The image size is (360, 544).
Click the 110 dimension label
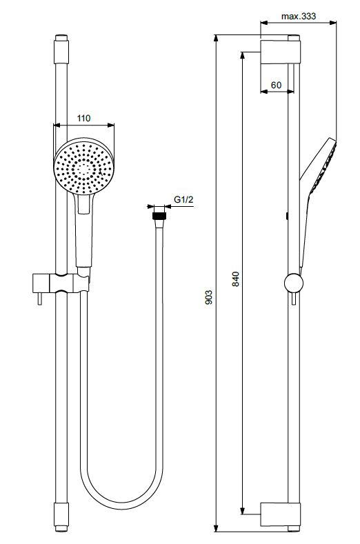coord(83,119)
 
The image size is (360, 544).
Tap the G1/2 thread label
coord(183,199)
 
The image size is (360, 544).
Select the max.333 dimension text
coord(299,17)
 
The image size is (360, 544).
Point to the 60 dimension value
coord(277,85)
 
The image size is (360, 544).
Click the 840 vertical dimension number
coord(236,279)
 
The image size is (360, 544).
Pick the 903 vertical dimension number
coord(209,297)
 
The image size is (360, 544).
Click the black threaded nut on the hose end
coord(160,215)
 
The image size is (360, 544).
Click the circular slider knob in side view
coord(294,283)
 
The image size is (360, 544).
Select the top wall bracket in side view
coord(280,52)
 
